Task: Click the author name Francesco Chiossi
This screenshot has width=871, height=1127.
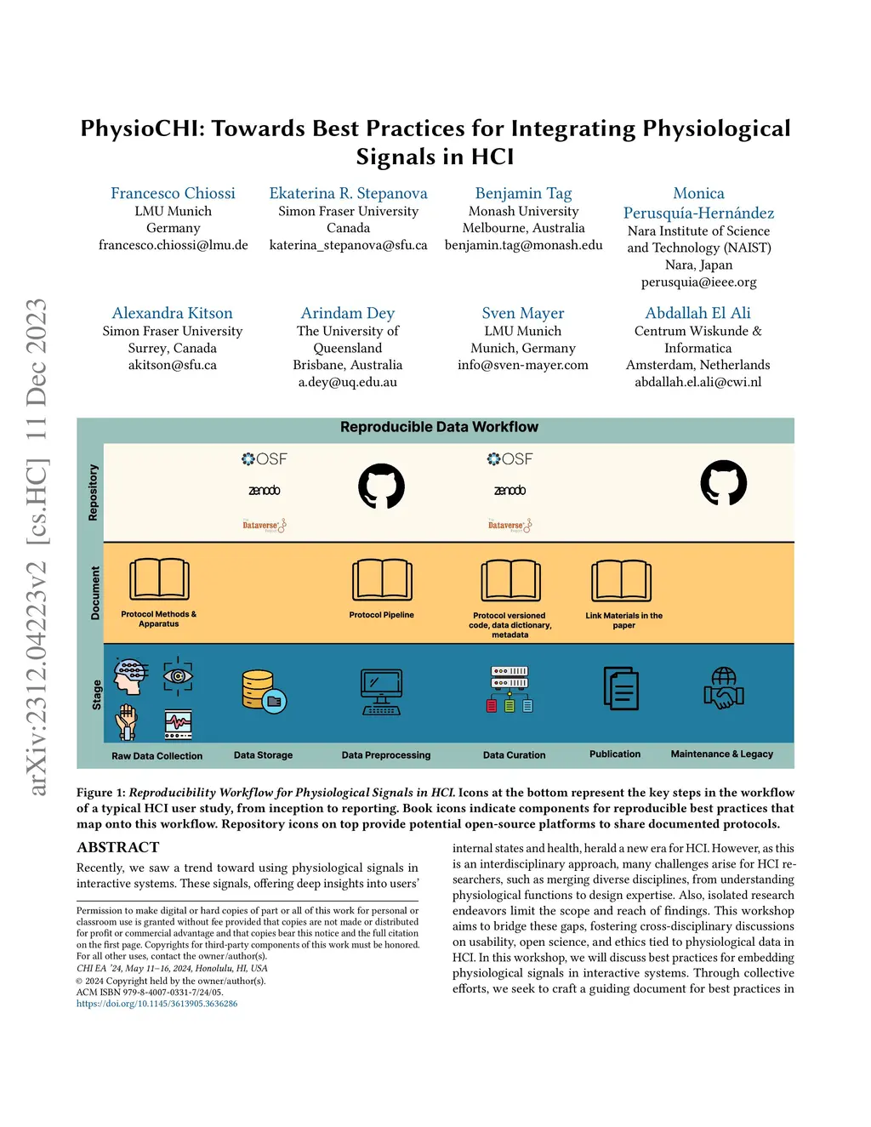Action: click(x=173, y=193)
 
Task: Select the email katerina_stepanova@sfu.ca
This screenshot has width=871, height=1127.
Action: click(x=348, y=245)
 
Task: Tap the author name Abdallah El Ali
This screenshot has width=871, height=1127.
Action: click(x=697, y=313)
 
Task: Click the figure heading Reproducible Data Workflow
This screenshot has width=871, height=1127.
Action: click(x=439, y=427)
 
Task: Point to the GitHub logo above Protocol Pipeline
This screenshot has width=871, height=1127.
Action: click(x=381, y=486)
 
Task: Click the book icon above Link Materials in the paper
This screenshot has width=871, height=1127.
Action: click(x=622, y=581)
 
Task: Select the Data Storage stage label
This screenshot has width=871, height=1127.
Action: click(x=263, y=755)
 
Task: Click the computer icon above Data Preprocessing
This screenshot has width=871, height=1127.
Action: click(x=381, y=692)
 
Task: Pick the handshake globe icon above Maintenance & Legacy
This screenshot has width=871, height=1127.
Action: click(x=724, y=689)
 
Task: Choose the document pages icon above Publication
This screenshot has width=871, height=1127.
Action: click(x=621, y=688)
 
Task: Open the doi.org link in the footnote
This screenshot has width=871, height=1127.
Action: click(x=157, y=1004)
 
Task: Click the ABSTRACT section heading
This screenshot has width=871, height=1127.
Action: click(x=118, y=847)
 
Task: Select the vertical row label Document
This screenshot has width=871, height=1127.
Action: click(x=94, y=593)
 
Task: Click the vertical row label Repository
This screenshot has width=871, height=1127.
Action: click(x=93, y=492)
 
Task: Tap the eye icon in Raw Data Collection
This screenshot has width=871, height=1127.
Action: click(x=178, y=675)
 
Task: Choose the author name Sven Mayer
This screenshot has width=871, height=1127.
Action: click(x=522, y=313)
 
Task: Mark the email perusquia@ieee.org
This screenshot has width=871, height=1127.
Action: click(x=698, y=282)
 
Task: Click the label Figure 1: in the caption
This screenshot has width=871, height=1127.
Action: click(x=100, y=793)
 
